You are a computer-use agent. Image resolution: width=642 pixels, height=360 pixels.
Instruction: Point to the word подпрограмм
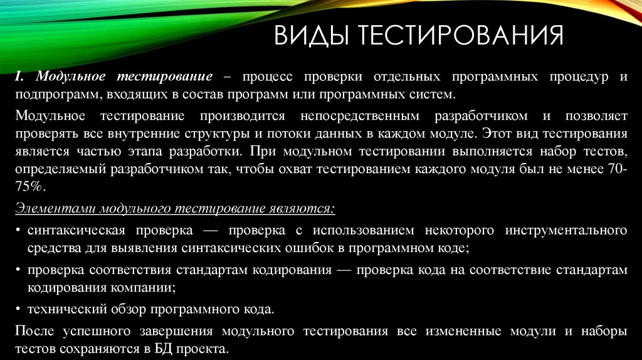click(x=53, y=94)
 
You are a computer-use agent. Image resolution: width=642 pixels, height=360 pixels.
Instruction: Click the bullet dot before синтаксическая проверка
click(x=19, y=230)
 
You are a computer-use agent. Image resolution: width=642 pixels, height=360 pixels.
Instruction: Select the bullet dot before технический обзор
click(x=19, y=309)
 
